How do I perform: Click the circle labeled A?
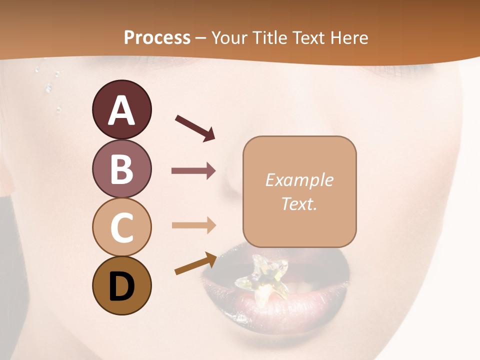tap(121, 109)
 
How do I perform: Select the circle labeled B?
tap(121, 168)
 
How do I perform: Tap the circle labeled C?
tap(121, 227)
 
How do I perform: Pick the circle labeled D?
tap(121, 285)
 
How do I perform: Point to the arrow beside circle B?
tap(193, 171)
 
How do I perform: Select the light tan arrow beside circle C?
tap(193, 225)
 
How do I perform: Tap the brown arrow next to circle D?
tap(196, 263)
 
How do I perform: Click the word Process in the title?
tap(157, 38)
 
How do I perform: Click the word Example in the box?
tap(299, 180)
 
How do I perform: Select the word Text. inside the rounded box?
tap(299, 203)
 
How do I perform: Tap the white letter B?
tap(121, 169)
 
